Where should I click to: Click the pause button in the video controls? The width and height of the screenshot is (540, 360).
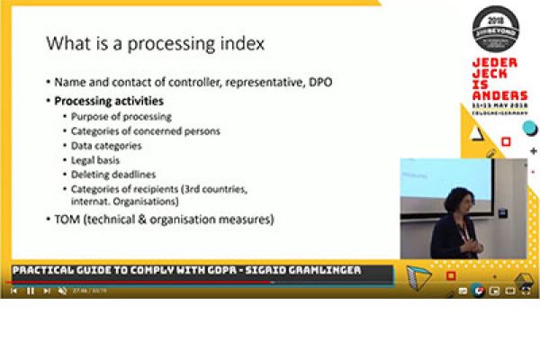(x=30, y=291)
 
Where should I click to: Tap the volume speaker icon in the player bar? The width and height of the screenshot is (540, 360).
(x=62, y=291)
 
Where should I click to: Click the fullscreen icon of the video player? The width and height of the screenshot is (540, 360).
(x=526, y=291)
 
